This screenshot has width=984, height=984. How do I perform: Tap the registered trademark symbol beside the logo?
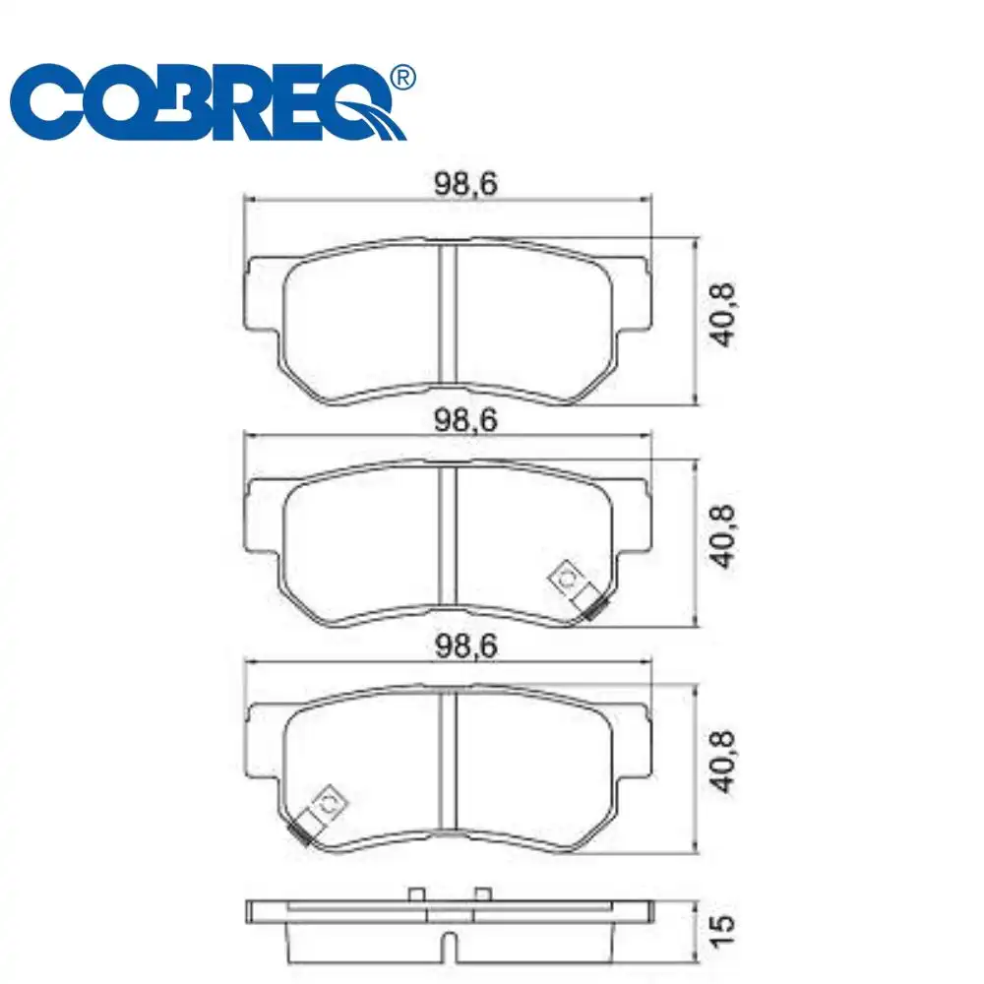[402, 78]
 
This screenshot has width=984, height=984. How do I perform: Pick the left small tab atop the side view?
[415, 893]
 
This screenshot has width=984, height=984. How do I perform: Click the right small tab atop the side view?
[482, 893]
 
